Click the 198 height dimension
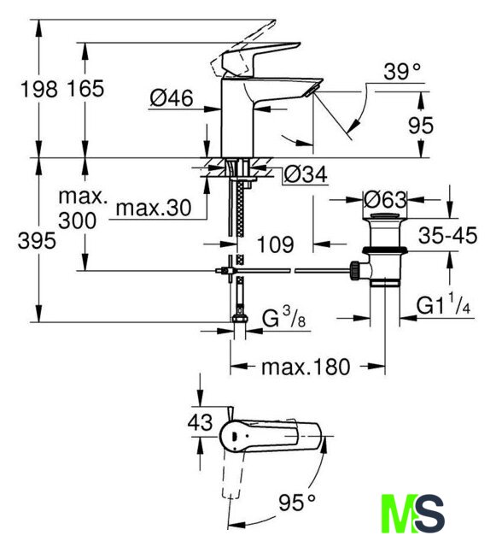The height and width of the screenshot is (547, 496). coord(38,89)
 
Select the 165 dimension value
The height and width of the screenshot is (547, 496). coord(85,89)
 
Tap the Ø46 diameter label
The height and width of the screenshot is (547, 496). coord(171,98)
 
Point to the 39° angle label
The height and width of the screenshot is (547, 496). coord(402,72)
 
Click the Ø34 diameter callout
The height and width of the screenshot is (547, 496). coord(306,174)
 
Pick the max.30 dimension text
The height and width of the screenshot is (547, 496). coord(154,209)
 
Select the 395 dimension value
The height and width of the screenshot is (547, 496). coord(37,241)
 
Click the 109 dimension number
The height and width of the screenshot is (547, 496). coord(276,244)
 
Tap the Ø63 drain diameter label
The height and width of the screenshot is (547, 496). coord(385,200)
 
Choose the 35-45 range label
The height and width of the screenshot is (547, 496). coord(447,235)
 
